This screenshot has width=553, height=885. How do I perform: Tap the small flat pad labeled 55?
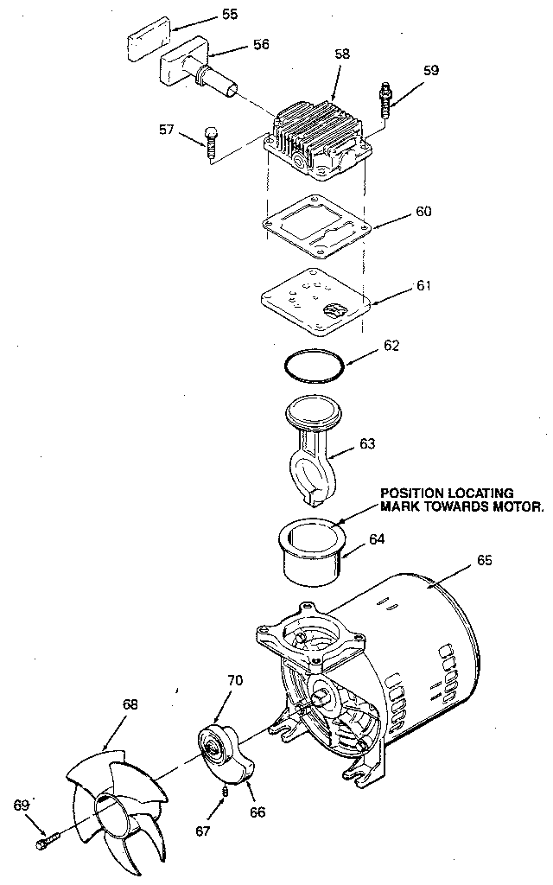tap(148, 44)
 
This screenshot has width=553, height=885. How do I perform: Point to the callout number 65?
tap(483, 560)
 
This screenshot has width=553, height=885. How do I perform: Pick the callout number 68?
tap(130, 704)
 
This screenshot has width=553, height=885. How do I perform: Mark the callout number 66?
tap(257, 812)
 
